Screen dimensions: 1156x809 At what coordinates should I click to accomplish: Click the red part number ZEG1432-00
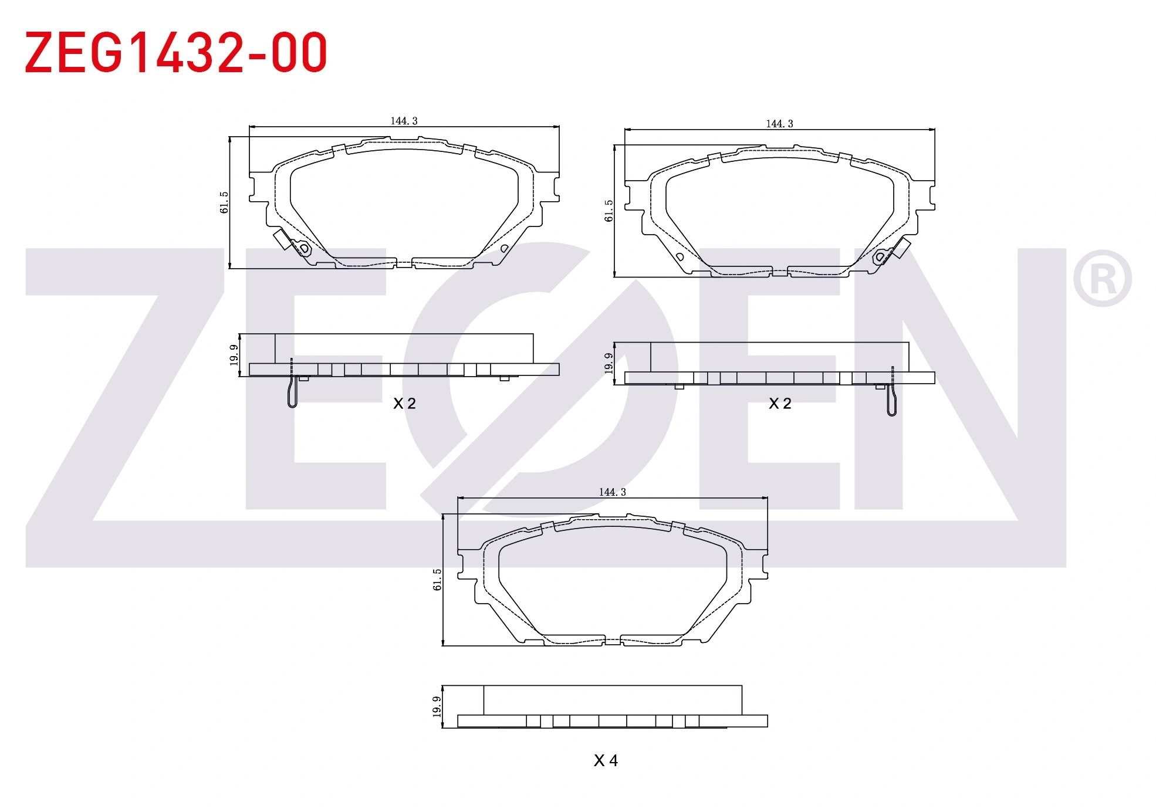[175, 53]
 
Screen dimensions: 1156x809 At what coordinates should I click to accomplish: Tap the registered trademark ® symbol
[1102, 278]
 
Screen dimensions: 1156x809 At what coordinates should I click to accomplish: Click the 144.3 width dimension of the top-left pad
[404, 121]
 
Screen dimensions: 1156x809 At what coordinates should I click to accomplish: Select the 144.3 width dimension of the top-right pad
[779, 124]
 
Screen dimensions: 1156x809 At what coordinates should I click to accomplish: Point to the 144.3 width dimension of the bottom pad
[613, 492]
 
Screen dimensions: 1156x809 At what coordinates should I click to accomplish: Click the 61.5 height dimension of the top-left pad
[224, 202]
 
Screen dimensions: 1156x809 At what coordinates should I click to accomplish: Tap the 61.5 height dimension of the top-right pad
[609, 211]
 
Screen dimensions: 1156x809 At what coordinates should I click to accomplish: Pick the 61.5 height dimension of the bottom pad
[437, 580]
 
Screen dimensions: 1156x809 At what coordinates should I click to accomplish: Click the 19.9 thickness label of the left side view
[234, 356]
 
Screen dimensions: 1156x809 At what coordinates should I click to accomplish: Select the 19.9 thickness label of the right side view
[609, 363]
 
